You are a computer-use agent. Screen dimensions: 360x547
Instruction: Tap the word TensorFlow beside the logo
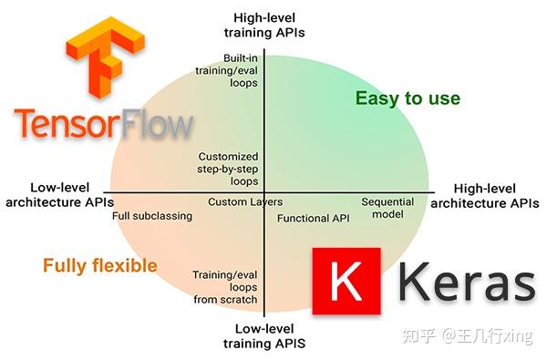pyautogui.click(x=103, y=123)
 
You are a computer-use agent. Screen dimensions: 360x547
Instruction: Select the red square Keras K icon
pyautogui.click(x=347, y=282)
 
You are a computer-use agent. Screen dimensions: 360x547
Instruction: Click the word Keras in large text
pyautogui.click(x=466, y=283)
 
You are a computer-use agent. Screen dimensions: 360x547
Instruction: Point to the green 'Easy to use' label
pyautogui.click(x=407, y=98)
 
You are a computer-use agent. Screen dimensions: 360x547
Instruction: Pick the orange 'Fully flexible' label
pyautogui.click(x=99, y=266)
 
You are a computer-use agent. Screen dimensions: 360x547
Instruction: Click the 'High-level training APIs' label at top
pyautogui.click(x=263, y=25)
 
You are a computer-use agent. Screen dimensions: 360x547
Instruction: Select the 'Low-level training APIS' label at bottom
pyautogui.click(x=263, y=336)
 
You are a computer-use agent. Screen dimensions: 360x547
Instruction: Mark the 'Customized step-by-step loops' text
pyautogui.click(x=228, y=169)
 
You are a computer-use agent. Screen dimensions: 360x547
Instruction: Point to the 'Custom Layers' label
pyautogui.click(x=245, y=202)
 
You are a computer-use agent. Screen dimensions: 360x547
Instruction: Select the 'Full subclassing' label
pyautogui.click(x=152, y=216)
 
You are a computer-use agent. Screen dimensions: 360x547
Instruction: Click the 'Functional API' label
pyautogui.click(x=313, y=219)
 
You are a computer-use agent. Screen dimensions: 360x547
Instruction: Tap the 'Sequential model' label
pyautogui.click(x=388, y=208)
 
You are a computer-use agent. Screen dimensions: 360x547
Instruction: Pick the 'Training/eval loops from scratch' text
pyautogui.click(x=225, y=286)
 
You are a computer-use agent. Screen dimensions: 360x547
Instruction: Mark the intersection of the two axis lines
pyautogui.click(x=263, y=192)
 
